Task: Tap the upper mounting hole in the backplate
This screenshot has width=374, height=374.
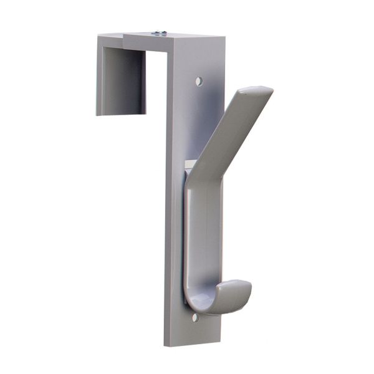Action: [x=199, y=81]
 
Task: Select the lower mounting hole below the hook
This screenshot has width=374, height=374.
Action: [x=195, y=317]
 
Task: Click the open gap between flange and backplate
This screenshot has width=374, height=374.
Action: [x=156, y=87]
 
